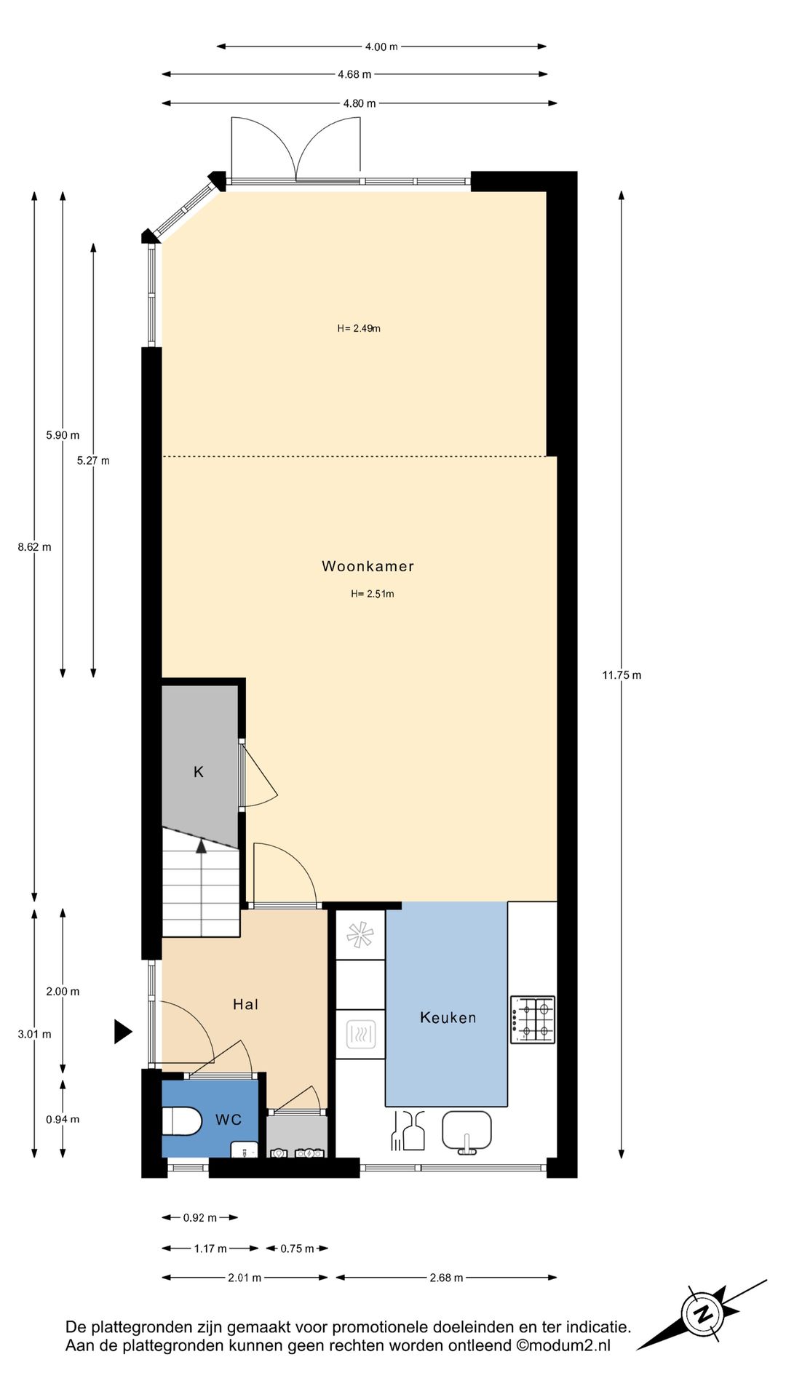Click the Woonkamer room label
[x=368, y=566]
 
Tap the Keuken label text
[x=448, y=1017]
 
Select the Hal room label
[x=245, y=1004]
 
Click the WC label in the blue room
[x=228, y=1120]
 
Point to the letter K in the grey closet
[x=199, y=772]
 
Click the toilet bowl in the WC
[x=181, y=1121]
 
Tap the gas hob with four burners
[x=533, y=1019]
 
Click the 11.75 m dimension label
[x=622, y=675]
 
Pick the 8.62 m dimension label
[x=34, y=547]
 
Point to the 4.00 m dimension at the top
[x=381, y=47]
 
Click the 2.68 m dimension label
[x=446, y=1278]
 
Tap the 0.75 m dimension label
[x=297, y=1249]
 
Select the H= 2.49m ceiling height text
[x=359, y=328]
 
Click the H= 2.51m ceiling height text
[x=373, y=594]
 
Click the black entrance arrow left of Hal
[x=122, y=1031]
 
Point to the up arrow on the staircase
[x=202, y=845]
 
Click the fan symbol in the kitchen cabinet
[x=360, y=935]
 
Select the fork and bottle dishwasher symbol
[x=408, y=1131]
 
